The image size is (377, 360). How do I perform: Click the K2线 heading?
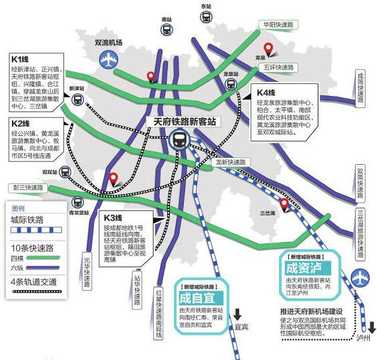coord(23,123)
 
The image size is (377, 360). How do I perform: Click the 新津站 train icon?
coord(78,101)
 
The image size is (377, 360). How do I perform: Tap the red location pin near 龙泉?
coord(270,49)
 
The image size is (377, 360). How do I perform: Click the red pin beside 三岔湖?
coord(284,205)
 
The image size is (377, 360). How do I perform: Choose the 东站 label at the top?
coord(206,6)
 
